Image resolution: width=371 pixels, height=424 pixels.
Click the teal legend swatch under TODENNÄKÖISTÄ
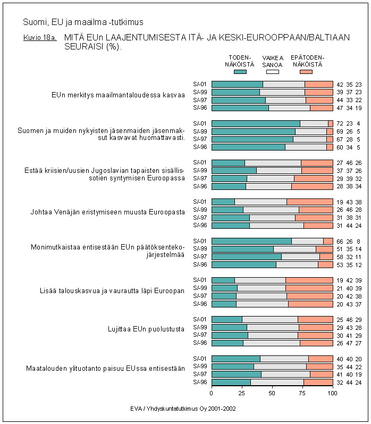click(240, 71)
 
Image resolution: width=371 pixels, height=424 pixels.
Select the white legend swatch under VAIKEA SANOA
click(272, 71)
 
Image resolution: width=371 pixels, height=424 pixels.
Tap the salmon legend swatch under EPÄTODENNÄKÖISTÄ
click(306, 71)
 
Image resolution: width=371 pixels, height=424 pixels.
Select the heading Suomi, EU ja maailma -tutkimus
click(83, 22)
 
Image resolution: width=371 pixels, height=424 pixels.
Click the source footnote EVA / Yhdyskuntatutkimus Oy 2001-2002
click(183, 409)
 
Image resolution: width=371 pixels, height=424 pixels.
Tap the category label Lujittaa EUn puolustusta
click(146, 329)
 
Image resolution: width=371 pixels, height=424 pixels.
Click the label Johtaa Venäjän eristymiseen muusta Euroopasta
click(107, 212)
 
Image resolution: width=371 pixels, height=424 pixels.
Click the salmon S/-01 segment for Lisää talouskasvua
click(309, 280)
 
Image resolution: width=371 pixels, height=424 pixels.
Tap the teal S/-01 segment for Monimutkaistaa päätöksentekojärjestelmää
click(251, 240)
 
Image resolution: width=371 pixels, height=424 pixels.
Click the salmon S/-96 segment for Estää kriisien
click(312, 186)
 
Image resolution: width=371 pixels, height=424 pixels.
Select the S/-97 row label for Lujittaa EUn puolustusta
click(199, 335)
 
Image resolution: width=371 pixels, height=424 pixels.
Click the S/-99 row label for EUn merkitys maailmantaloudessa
click(199, 92)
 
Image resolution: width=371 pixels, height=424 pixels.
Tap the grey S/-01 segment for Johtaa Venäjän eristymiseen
click(260, 202)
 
